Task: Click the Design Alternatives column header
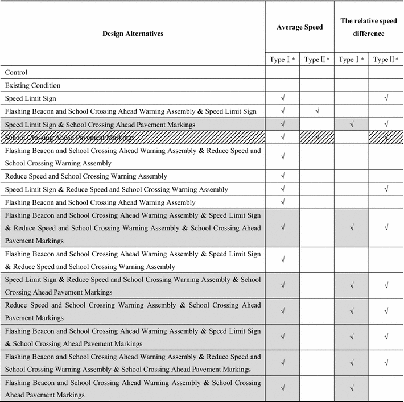(x=133, y=34)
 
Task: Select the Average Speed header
(x=299, y=27)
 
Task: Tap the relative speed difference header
(x=369, y=27)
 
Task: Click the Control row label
(x=16, y=72)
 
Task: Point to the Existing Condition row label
(x=33, y=85)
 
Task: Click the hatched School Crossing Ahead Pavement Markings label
(x=69, y=138)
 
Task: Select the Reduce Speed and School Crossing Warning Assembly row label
(x=86, y=176)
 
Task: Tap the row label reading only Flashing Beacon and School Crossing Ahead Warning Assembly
(x=100, y=202)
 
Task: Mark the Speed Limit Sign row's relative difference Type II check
(x=386, y=98)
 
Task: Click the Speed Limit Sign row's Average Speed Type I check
(x=282, y=98)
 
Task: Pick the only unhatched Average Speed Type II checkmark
(x=317, y=111)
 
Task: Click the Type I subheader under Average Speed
(x=282, y=60)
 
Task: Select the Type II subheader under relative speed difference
(x=386, y=60)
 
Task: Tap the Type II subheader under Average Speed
(x=317, y=60)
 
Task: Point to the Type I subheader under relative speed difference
(x=351, y=60)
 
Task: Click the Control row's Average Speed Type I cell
(x=282, y=72)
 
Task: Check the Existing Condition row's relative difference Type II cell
(x=386, y=85)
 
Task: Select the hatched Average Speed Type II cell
(x=317, y=138)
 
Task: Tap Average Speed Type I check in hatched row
(x=282, y=138)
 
